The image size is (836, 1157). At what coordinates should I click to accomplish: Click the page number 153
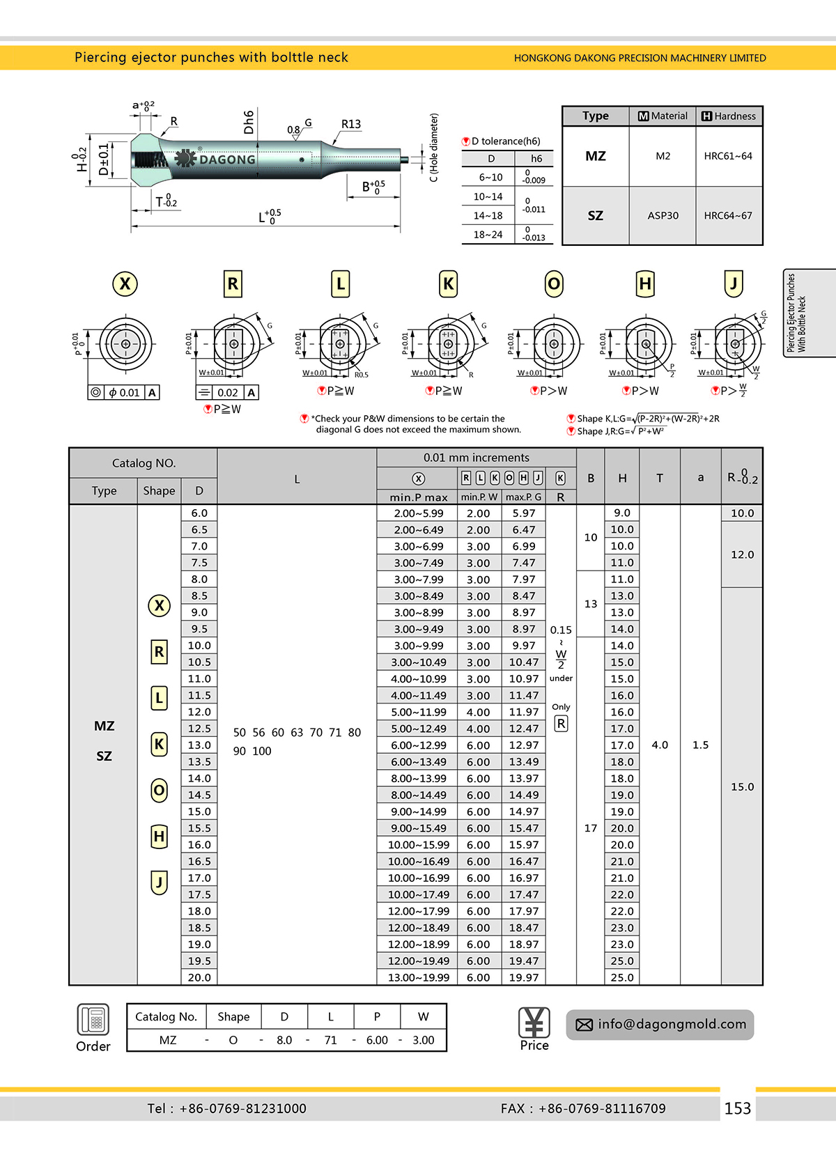(737, 1108)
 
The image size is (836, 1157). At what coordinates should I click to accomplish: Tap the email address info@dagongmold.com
(672, 1024)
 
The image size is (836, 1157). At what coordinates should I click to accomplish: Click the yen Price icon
(534, 1023)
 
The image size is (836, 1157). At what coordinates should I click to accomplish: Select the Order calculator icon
(93, 1020)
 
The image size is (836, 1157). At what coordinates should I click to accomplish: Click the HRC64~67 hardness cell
(728, 215)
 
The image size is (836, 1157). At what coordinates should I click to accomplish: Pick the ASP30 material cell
(663, 215)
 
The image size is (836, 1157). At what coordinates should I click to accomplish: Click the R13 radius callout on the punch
(351, 124)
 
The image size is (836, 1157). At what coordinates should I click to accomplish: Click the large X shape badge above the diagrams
(125, 284)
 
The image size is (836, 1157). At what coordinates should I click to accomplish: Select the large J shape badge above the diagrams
(734, 284)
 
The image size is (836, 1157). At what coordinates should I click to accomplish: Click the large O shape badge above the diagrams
(554, 284)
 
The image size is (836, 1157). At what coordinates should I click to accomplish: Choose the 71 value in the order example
(331, 1040)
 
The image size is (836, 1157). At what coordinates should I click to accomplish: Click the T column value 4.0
(660, 745)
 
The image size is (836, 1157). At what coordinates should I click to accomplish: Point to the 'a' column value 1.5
(700, 745)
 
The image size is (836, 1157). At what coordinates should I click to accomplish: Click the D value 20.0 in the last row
(199, 977)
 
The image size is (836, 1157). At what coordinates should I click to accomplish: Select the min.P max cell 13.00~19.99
(419, 977)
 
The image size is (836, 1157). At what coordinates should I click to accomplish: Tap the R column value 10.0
(742, 513)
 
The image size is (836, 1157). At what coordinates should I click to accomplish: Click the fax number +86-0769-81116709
(602, 1108)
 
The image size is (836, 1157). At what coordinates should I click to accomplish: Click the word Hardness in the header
(735, 116)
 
